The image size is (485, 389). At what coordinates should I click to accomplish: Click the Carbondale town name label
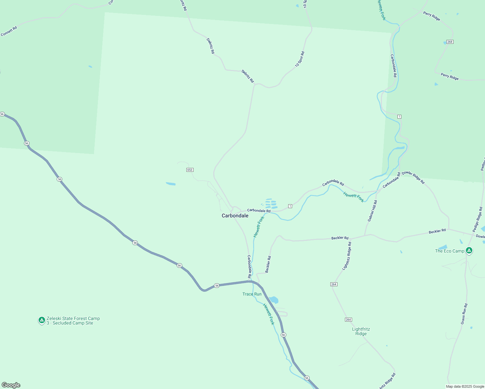pos(235,216)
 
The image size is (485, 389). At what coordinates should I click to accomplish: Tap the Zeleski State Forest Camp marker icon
pos(41,320)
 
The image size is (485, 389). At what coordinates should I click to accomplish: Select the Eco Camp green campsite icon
pos(469,250)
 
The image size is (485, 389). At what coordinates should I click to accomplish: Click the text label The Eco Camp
pos(449,251)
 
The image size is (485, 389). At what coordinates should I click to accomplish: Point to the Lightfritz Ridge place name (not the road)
pos(361,331)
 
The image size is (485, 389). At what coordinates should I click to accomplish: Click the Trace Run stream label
pos(252,294)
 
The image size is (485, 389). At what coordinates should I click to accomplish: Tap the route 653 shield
pos(190,170)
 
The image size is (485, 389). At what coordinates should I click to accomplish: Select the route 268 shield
pos(450,42)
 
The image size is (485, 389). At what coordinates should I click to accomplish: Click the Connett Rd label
pos(9,31)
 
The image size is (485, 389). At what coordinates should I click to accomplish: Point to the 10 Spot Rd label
pos(300,59)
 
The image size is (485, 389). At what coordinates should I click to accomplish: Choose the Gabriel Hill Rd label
pos(373,211)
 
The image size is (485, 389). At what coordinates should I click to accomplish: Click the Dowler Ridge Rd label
pos(413,178)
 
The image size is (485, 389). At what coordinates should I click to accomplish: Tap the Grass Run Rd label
pos(464,314)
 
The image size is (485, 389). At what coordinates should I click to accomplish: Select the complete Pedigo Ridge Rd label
pos(477,219)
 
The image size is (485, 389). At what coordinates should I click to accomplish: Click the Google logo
pos(11,385)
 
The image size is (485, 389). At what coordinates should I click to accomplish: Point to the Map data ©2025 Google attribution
pos(465,386)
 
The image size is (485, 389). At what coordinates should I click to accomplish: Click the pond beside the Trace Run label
pos(274,300)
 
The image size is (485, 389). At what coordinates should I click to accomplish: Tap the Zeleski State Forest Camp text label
pos(73,321)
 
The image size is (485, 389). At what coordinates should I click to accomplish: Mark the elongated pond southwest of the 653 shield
pos(171,184)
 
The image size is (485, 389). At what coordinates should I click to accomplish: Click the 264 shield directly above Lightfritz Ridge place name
pos(348,320)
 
